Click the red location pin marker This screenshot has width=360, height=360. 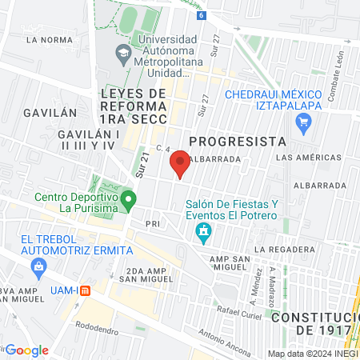[180, 165]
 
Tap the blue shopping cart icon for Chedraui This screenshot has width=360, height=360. [303, 122]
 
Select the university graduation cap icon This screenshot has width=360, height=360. [123, 54]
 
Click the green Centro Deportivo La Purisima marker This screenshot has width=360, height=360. [128, 198]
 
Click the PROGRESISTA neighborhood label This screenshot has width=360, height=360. [237, 141]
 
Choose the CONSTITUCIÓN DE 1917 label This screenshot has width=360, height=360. [314, 324]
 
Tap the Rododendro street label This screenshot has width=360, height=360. [96, 326]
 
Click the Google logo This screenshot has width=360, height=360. [27, 350]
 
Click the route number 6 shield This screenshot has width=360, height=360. [201, 15]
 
